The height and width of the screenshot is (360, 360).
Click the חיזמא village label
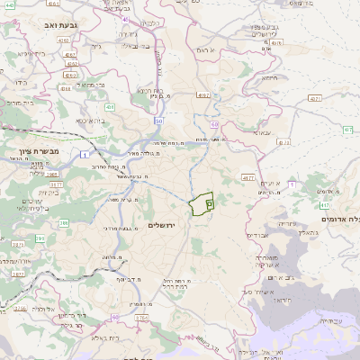pos(268,77)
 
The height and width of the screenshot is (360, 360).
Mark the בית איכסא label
pos(94,119)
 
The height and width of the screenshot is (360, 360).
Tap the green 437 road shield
pos(347,131)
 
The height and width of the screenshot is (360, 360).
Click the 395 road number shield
pos(62,222)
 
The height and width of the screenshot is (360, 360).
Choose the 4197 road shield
pos(203,94)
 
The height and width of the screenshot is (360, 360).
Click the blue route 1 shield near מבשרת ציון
pos(84,157)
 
